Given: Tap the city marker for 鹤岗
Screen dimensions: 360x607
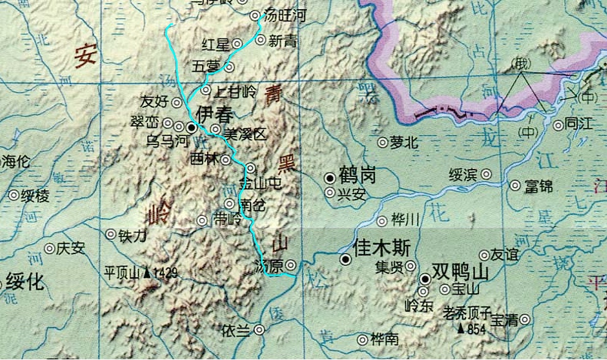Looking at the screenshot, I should click(330, 178).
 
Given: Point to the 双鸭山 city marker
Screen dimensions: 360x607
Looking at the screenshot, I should click(425, 279).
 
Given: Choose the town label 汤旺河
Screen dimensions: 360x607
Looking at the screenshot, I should click(284, 16).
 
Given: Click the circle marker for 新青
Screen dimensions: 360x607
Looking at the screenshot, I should click(260, 40).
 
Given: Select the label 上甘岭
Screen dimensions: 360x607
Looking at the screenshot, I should click(235, 92).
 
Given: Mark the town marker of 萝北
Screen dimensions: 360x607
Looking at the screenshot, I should click(383, 143).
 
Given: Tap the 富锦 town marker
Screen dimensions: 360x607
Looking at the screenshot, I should click(515, 185).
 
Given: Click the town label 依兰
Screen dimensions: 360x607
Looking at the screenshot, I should click(236, 330).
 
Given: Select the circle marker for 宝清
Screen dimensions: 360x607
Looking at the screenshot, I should click(524, 319).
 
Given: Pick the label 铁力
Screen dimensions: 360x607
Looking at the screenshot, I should click(132, 234).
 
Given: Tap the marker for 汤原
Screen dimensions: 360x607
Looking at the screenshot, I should click(292, 265).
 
